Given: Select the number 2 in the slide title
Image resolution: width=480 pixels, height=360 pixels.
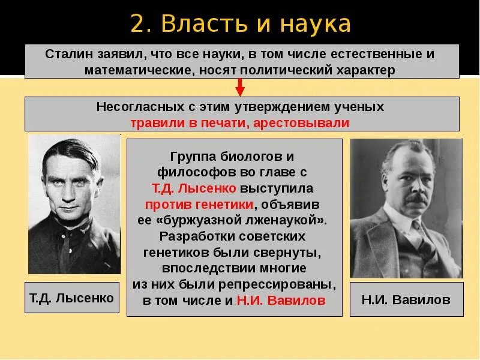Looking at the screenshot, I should click(x=137, y=24).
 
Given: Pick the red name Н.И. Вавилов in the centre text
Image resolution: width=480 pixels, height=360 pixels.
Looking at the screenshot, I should click(x=281, y=300).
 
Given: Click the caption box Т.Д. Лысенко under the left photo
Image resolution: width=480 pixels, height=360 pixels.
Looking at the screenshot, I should click(x=72, y=298).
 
